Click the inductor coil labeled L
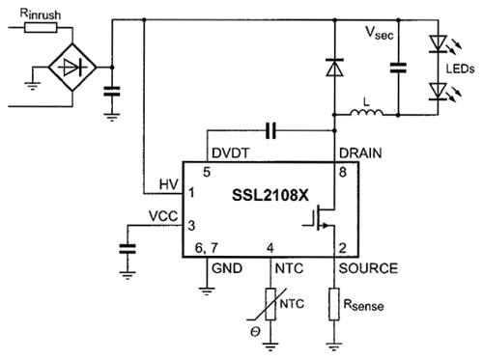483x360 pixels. (366, 118)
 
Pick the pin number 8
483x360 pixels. (343, 170)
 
